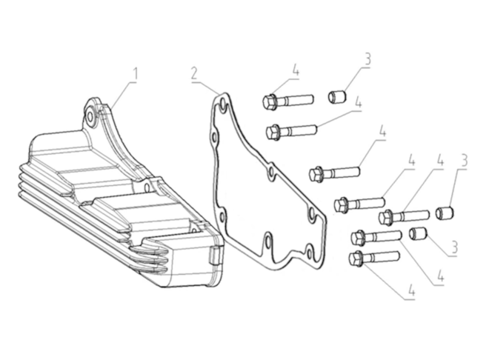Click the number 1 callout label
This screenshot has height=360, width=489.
(x=136, y=74)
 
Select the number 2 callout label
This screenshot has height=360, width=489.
(x=193, y=74)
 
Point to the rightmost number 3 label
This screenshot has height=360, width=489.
(x=465, y=160)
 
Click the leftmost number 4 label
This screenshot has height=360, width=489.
(x=295, y=70)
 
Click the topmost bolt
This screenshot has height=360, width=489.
(x=284, y=100)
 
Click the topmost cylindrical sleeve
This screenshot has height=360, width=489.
(x=338, y=96)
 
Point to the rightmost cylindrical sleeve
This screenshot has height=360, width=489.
(x=444, y=213)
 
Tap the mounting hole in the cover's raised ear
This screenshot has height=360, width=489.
(x=90, y=115)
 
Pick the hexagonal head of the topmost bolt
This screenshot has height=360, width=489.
(x=270, y=101)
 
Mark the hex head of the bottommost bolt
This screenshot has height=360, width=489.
(x=356, y=259)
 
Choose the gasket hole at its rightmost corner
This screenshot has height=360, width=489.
(x=311, y=215)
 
